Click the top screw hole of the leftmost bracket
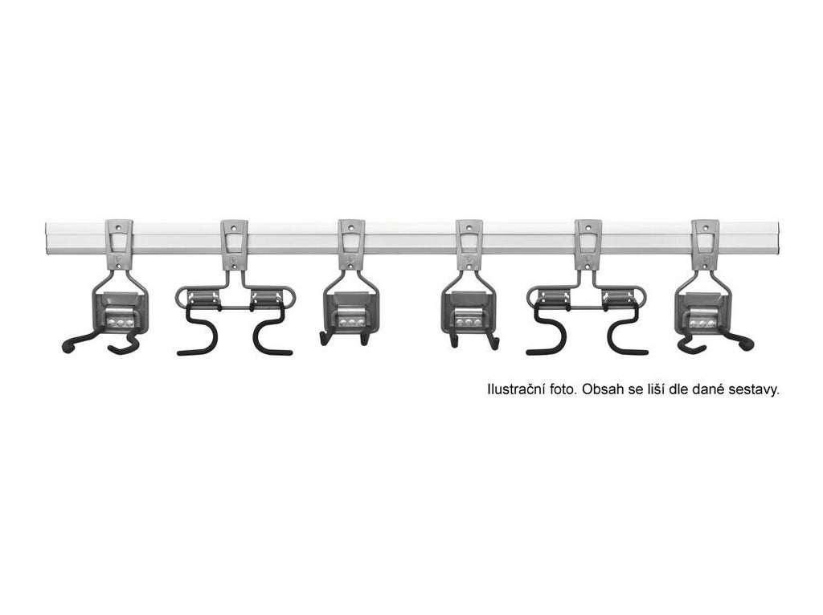pos(119,228)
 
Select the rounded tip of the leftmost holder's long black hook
pos(66,347)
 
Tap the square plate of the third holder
pos(350,312)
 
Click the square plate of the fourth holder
pos(469,312)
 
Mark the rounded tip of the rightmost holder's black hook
pos(748,344)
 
